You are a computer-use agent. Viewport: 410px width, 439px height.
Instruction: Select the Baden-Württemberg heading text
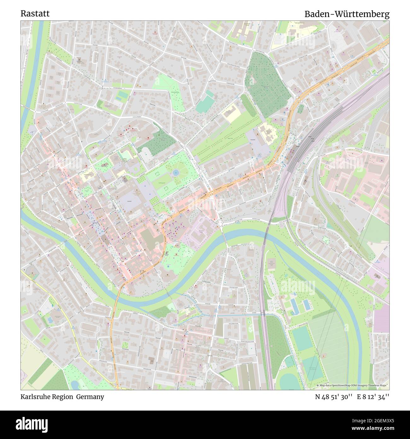tap(347, 14)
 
